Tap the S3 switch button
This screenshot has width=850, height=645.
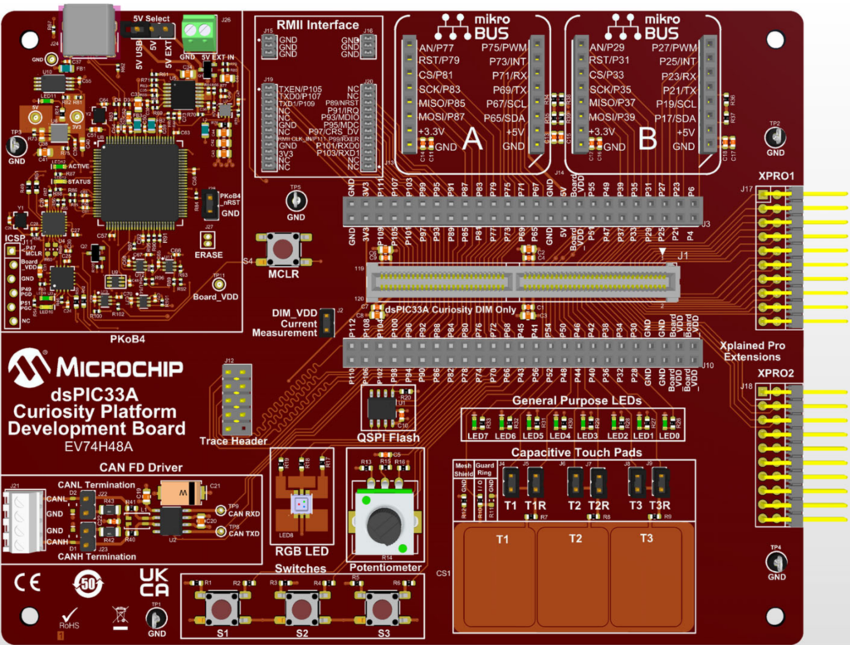[x=383, y=609]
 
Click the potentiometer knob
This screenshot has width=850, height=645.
[x=384, y=524]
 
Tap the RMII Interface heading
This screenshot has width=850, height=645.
[x=318, y=25]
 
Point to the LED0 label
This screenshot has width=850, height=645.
[x=669, y=435]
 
